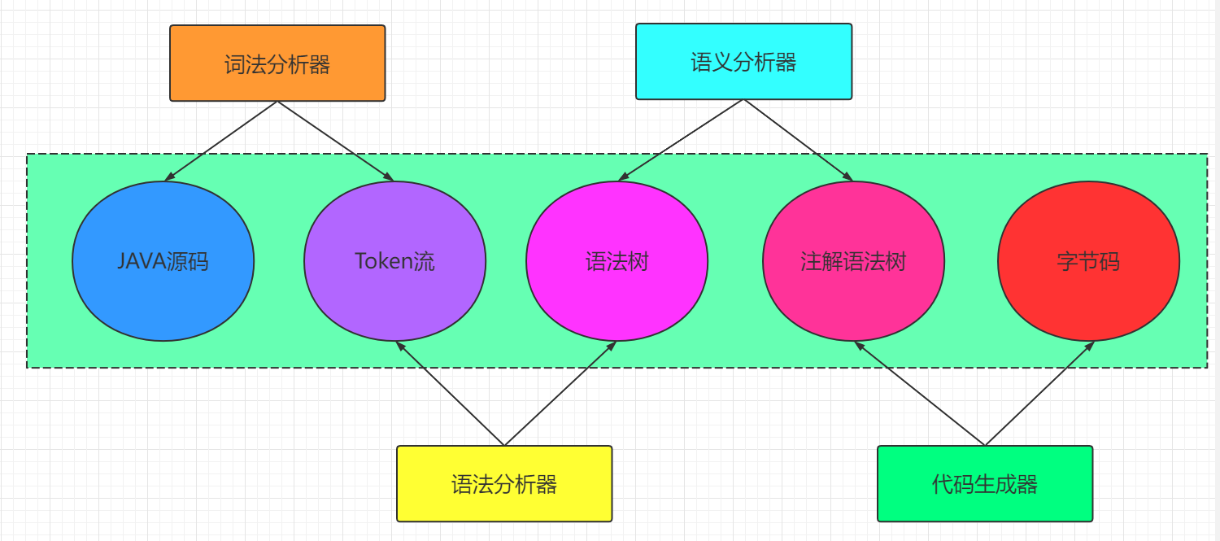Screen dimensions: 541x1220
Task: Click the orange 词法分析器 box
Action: point(277,63)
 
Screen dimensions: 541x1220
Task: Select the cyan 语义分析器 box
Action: point(743,62)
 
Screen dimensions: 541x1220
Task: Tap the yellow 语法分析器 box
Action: point(504,484)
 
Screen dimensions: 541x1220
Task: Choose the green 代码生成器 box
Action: point(985,484)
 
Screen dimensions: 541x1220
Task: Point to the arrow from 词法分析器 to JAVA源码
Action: point(221,141)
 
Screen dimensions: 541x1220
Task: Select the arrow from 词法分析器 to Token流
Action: point(335,141)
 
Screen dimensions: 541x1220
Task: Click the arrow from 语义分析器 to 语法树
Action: point(682,140)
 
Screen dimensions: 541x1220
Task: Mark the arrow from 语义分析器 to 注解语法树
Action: point(798,140)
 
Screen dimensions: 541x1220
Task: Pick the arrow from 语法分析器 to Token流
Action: point(450,394)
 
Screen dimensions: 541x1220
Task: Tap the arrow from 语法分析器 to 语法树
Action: point(560,394)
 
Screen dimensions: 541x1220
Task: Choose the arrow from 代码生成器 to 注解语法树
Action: point(919,394)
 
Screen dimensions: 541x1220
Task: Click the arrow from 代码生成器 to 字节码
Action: point(1039,394)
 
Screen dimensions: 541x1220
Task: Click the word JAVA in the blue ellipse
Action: point(142,261)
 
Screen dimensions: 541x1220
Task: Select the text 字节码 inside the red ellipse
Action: point(1088,261)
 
